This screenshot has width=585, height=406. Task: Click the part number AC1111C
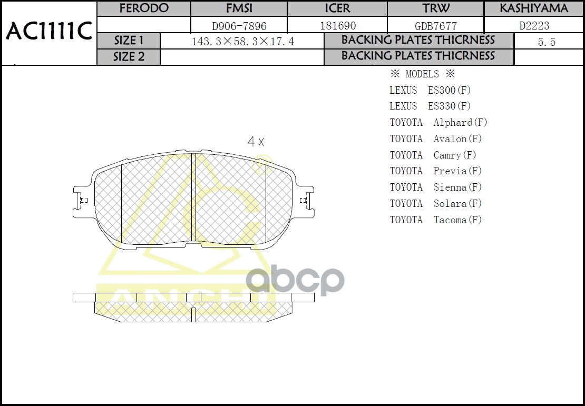point(49,32)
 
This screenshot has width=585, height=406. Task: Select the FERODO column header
point(144,8)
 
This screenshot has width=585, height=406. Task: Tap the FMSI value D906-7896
point(239,25)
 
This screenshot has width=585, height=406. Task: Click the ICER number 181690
point(338,25)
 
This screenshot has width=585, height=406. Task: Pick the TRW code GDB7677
point(436,26)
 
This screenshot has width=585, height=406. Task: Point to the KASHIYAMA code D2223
point(534,25)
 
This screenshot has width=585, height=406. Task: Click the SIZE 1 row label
point(129,41)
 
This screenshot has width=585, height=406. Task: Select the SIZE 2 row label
point(129,57)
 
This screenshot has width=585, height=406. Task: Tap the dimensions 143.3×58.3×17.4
point(242,42)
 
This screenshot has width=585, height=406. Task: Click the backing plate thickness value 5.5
point(547,42)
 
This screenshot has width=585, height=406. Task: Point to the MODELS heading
point(422,74)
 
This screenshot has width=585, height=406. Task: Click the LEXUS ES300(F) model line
point(430,90)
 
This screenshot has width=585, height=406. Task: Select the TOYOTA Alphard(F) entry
point(438,123)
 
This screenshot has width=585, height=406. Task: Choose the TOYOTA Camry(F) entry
point(433,155)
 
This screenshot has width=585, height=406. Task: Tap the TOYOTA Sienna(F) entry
point(436,187)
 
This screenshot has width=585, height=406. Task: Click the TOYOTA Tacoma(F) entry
point(436,220)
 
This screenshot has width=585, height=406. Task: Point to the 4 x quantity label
point(256,142)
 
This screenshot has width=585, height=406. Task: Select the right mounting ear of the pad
point(304,200)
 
